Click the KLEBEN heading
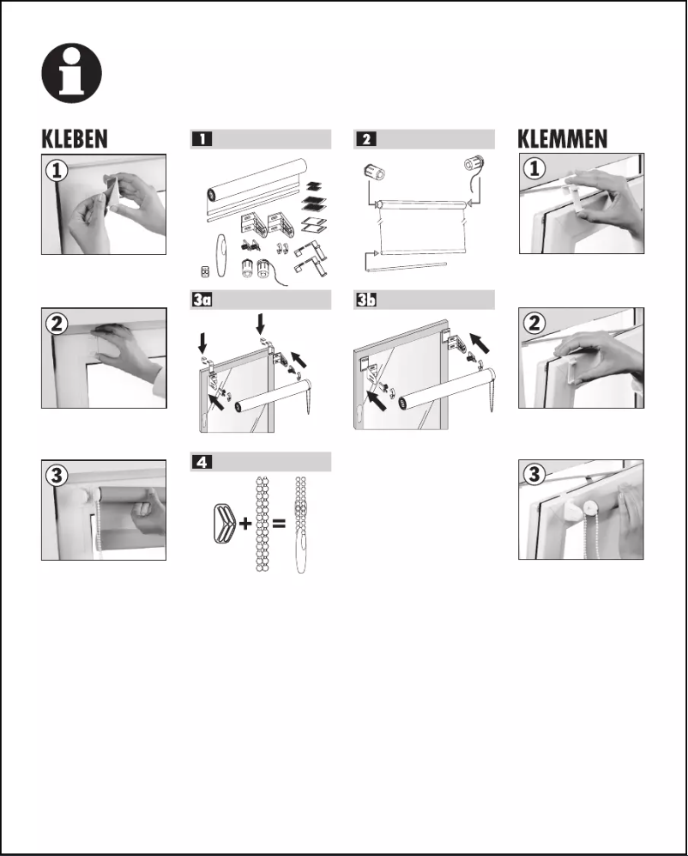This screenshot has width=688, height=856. point(75,139)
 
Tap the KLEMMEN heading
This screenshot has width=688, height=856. point(563,139)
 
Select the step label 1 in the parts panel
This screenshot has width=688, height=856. point(202,139)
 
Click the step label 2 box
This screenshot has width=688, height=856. point(366,139)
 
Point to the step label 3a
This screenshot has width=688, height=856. point(204,301)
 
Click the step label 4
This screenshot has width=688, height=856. point(202,462)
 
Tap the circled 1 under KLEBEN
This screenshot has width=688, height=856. point(57,170)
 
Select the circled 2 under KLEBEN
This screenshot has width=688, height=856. point(57,324)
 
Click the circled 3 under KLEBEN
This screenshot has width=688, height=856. point(57,475)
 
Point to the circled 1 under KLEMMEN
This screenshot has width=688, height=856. point(534,169)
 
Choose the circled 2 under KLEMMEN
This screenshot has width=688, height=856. point(534,324)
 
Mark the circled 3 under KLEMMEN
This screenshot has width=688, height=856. point(534,475)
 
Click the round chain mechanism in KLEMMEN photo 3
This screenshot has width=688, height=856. point(591,509)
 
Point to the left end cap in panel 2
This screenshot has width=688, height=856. point(375,171)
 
